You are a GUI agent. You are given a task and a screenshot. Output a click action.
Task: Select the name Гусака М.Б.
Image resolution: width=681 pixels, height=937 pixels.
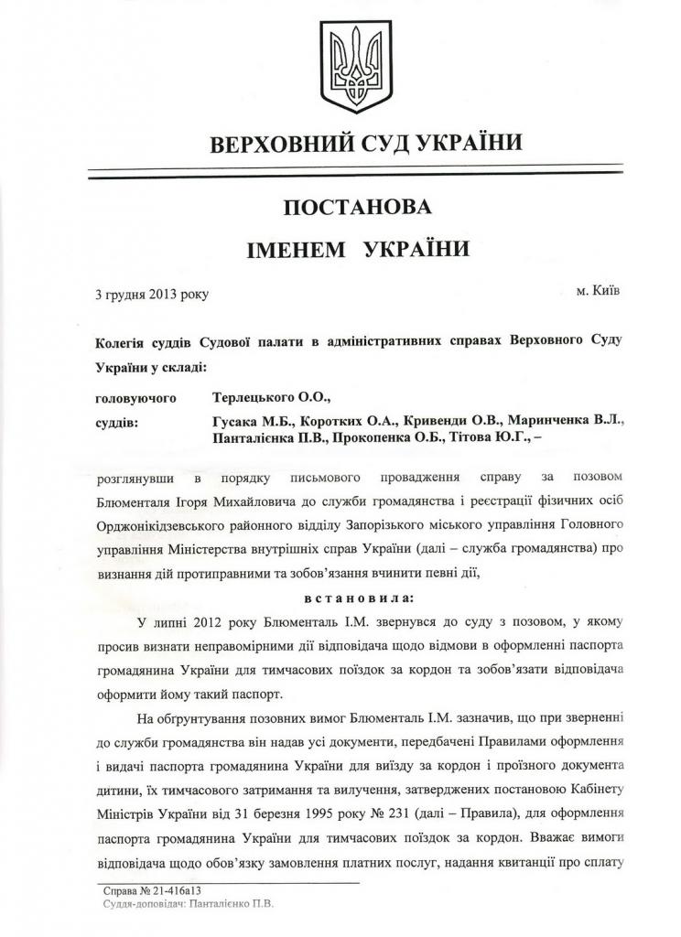coord(250,422)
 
